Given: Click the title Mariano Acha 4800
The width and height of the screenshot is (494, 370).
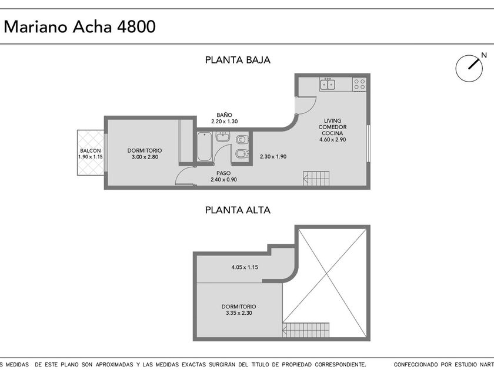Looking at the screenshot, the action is pos(80,27).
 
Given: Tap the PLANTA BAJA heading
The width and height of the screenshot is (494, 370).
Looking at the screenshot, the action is pos(238,60).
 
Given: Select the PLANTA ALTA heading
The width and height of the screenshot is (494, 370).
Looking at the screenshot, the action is pos(238,210).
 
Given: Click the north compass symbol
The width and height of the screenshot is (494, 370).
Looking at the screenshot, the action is pos(469,68).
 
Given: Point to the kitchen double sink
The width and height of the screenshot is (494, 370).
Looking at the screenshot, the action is pos(328,85).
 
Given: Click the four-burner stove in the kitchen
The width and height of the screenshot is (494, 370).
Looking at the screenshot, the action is pos(359,85).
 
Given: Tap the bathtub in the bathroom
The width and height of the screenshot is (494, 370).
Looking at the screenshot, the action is pos(205,147).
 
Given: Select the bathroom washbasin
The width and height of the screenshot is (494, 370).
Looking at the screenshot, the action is pos(223,137).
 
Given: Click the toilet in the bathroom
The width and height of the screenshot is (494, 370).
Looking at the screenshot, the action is pos(242,139).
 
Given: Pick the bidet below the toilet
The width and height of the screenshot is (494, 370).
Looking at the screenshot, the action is pos(242,154).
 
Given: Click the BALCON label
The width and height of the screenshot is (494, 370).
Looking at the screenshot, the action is pos(91,151).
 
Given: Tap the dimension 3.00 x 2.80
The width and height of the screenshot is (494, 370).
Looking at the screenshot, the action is pos(145,157).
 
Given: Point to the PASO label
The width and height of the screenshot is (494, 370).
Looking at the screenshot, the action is pos(223,173).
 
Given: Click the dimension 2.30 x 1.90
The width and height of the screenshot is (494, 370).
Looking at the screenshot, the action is pos(273,156).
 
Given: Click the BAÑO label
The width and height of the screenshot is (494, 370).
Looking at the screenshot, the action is pos(224,115).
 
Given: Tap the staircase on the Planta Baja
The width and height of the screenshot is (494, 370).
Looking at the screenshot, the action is pos(316,179).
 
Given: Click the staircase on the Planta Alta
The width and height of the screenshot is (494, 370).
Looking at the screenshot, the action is pos(306,330).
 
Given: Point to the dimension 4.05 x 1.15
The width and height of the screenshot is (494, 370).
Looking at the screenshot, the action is pos(245,267).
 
